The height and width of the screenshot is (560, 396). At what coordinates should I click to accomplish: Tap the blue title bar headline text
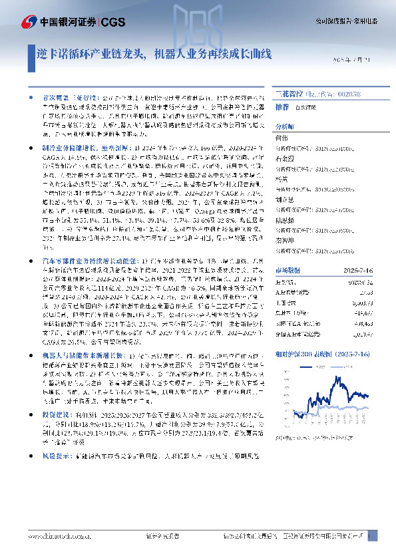(153, 55)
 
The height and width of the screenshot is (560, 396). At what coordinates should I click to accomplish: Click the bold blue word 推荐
(282, 106)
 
